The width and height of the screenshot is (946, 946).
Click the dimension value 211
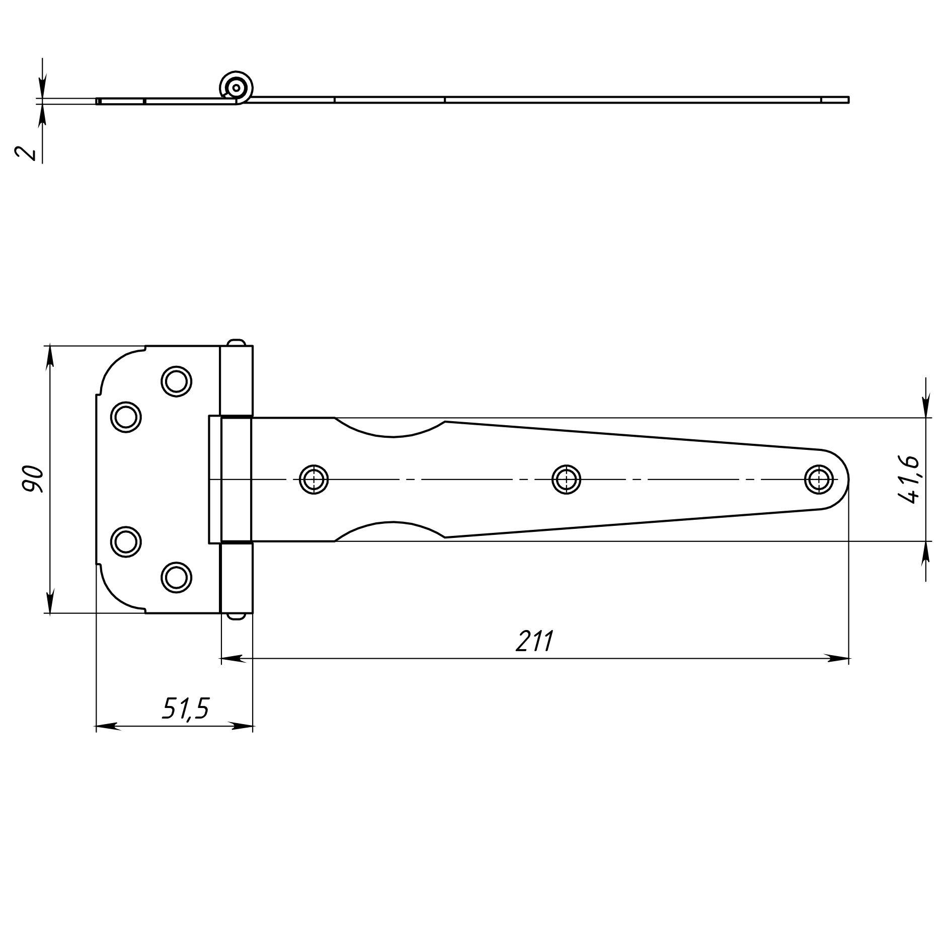point(534,641)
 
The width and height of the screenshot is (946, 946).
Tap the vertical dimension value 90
point(33,479)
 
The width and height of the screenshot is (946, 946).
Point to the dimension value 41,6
point(908,480)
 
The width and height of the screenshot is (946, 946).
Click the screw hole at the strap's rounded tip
point(819,480)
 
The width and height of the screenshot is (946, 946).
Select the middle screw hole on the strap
point(566,480)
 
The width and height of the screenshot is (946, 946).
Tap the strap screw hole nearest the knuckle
point(313,480)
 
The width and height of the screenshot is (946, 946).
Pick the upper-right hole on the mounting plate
point(176,381)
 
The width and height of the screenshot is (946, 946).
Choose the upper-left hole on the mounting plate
point(126,417)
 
